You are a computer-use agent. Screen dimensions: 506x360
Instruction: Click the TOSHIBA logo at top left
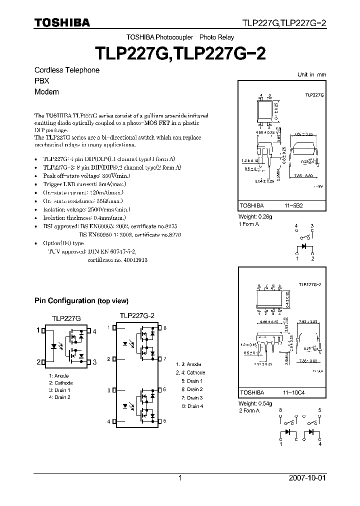point(62,23)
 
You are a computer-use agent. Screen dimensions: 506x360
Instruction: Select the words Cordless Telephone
point(66,70)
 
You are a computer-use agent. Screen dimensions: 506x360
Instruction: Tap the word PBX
point(41,81)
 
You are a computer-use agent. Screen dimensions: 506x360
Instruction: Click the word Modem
point(46,92)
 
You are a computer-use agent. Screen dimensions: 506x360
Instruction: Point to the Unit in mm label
point(311,74)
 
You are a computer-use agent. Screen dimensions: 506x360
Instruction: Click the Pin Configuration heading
point(81,300)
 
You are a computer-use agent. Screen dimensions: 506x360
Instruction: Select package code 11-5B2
point(294,205)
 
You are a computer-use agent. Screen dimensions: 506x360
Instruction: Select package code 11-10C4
point(294,393)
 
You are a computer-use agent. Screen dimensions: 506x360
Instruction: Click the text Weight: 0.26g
point(254,217)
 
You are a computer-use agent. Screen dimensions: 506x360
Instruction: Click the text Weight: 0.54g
point(254,403)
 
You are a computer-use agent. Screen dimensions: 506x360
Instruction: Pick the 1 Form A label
point(248,224)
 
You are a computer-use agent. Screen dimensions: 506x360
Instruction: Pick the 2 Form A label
point(248,410)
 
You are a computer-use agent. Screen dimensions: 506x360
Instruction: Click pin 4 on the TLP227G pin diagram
point(94,331)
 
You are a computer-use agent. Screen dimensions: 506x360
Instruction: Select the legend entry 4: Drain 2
point(59,397)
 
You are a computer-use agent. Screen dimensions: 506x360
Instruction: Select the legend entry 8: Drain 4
point(192,406)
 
